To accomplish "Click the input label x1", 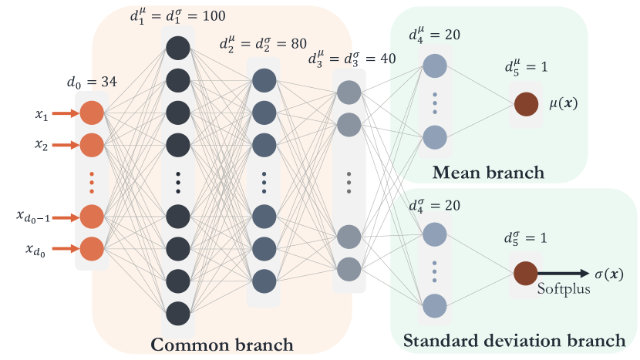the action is [41, 115].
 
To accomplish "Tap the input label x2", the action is [41, 145].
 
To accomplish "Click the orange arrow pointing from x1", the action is [66, 113].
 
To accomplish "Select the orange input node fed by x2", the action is [92, 145].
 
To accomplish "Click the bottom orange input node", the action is [92, 248].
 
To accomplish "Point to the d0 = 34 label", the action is [92, 82].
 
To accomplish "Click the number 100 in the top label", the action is [214, 16].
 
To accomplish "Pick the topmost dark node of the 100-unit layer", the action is [178, 48].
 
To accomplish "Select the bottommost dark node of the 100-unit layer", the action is [178, 314].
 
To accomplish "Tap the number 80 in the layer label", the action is [298, 44].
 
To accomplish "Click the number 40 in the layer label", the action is [388, 59].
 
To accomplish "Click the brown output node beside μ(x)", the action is [526, 104].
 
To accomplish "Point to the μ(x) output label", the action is [564, 103].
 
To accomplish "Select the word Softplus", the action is [564, 288].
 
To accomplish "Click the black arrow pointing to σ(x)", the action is [564, 274].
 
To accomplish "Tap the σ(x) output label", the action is [609, 274].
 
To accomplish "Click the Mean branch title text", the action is [489, 173].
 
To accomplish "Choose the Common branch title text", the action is [222, 345].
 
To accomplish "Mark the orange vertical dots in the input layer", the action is [92, 183].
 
